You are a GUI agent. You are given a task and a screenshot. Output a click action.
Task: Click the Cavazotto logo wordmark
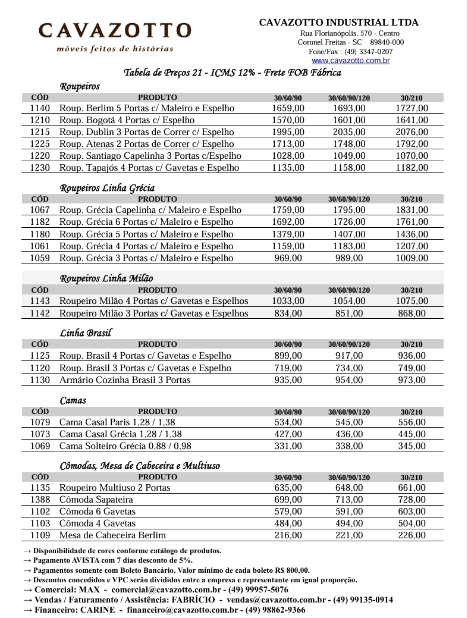[115, 30]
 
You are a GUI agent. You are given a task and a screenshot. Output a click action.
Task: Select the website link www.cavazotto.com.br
[350, 61]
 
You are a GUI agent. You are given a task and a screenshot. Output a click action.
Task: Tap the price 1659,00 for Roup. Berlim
[288, 108]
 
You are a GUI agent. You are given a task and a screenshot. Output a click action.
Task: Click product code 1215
[40, 132]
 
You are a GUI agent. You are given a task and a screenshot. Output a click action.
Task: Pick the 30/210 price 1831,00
[412, 210]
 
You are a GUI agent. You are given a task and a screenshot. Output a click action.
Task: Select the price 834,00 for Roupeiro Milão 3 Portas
[288, 313]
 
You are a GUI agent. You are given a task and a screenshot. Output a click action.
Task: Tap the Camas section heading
[73, 400]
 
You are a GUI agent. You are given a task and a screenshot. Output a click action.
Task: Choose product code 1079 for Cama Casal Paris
[40, 422]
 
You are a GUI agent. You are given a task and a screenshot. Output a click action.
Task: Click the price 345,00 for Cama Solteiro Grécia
[412, 446]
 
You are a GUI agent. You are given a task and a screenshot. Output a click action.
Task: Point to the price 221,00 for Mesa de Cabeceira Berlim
[349, 535]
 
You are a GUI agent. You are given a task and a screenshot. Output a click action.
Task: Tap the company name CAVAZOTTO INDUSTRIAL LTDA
[338, 23]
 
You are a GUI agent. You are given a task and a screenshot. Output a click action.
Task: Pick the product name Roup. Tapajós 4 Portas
[149, 168]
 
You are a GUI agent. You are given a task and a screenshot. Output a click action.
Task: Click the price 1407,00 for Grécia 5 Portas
[349, 234]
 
